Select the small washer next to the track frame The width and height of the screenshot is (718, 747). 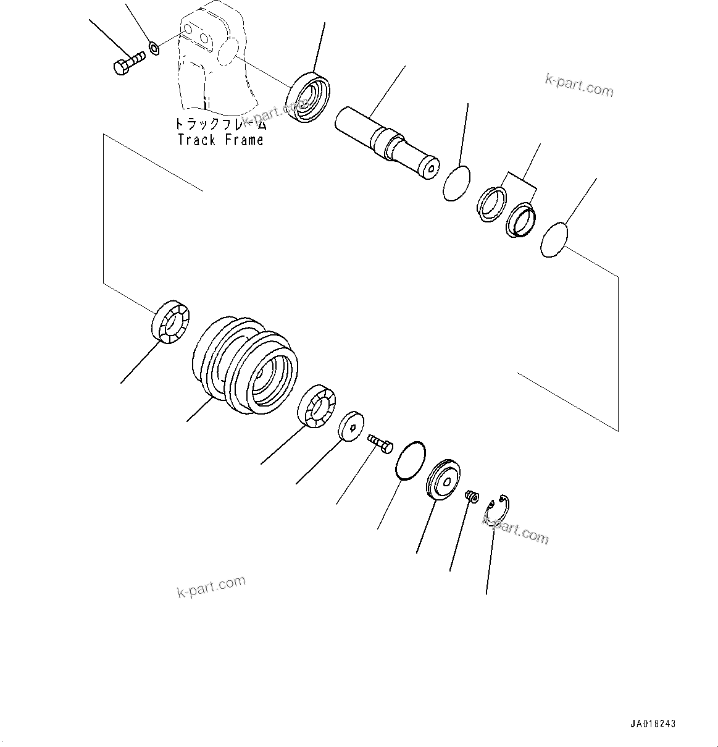pyautogui.click(x=154, y=47)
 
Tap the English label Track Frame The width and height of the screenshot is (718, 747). pyautogui.click(x=220, y=140)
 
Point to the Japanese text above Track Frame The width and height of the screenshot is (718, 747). pyautogui.click(x=220, y=124)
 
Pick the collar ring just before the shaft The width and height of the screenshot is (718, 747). pyautogui.click(x=308, y=97)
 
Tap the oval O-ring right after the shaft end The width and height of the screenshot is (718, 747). pyautogui.click(x=457, y=184)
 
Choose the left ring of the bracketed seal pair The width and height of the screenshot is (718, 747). pyautogui.click(x=491, y=203)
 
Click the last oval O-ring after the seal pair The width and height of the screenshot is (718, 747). pyautogui.click(x=553, y=240)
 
